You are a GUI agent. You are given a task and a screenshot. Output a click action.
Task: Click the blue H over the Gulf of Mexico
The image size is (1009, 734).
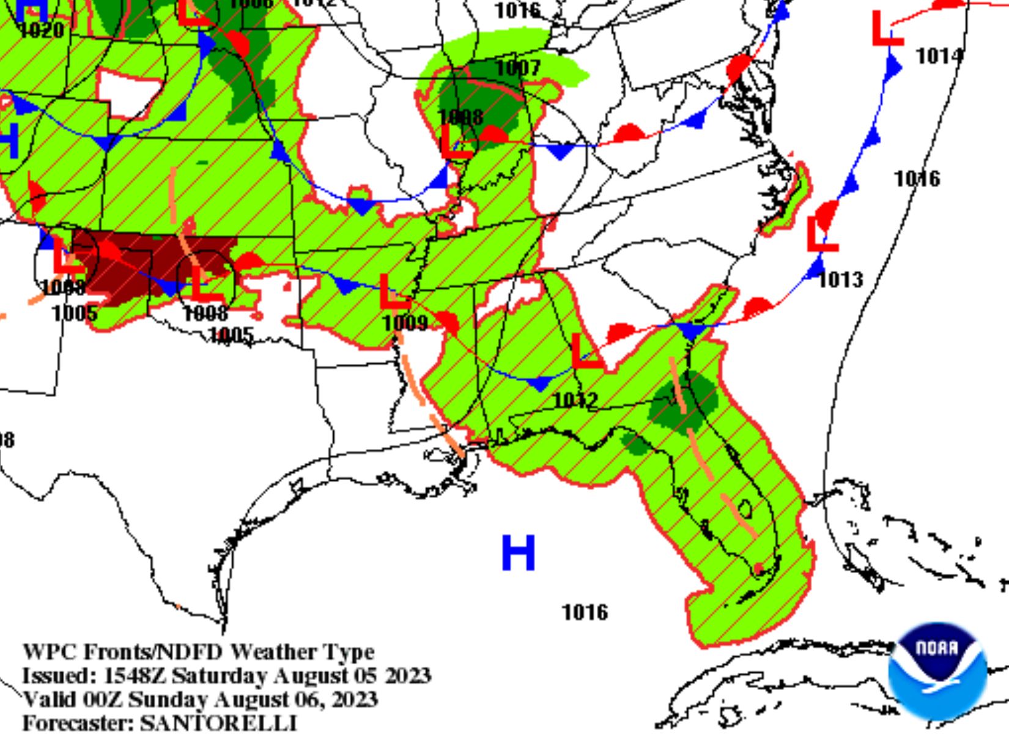[x=519, y=552]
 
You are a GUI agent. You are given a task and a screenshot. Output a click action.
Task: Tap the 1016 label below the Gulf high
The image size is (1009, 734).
[x=585, y=612]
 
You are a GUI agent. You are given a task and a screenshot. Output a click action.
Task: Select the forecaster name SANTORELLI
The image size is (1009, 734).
[x=218, y=722]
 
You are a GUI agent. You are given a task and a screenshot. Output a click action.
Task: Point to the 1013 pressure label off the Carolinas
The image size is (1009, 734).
[x=841, y=280]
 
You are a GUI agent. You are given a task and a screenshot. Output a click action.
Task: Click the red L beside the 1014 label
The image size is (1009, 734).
[x=886, y=29]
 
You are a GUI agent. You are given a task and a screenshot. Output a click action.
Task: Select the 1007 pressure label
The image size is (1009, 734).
[x=518, y=68]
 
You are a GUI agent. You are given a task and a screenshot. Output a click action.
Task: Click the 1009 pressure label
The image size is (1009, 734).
[x=405, y=322]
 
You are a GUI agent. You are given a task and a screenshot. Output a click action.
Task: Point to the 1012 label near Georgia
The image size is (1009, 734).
[x=575, y=401]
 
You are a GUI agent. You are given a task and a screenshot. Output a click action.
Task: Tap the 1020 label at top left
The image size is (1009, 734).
[x=42, y=30]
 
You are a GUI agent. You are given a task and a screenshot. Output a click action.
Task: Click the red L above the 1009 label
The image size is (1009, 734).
[x=393, y=292]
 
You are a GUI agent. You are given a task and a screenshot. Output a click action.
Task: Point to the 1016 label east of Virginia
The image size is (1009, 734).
[x=917, y=179]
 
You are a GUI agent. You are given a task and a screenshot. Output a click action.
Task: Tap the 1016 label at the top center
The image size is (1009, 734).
[x=517, y=10]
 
